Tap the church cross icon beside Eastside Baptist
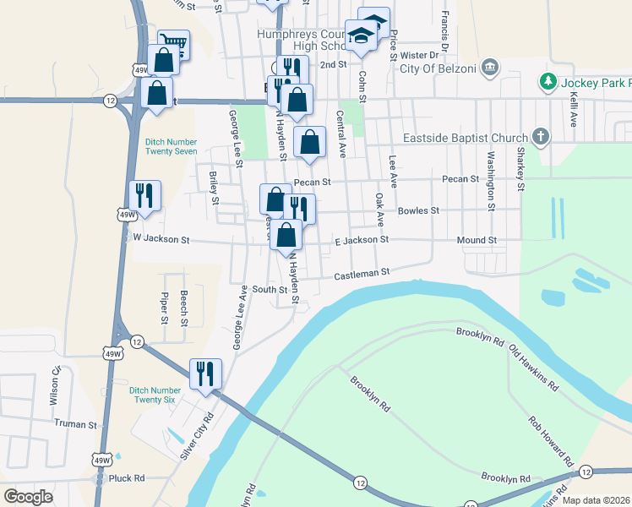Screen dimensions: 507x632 [x=541, y=136]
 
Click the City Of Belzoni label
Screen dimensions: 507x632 [x=434, y=68]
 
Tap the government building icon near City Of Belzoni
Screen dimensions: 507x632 [x=489, y=68]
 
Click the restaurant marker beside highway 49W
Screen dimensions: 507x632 [x=144, y=195]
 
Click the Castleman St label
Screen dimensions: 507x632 [x=361, y=273]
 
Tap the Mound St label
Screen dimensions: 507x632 [x=477, y=240]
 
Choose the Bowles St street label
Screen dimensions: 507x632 [x=419, y=210]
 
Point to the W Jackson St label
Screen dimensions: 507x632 [x=161, y=239]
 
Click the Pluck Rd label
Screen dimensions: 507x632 [x=127, y=477]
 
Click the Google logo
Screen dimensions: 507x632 [x=29, y=497]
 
